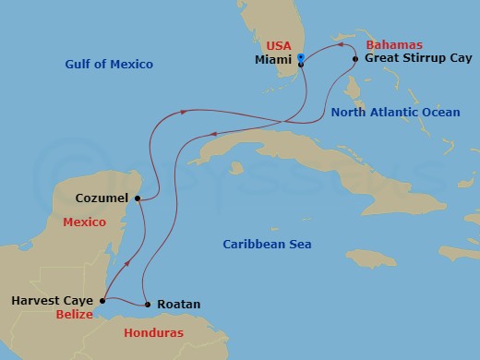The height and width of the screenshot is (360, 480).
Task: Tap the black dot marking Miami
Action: [x=300, y=64]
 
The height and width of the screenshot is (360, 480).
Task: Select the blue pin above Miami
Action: [x=302, y=56]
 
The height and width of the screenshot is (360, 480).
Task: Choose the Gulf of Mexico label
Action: [x=109, y=65]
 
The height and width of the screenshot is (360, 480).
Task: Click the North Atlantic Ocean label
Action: [x=395, y=112]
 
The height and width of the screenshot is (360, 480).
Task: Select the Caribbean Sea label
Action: [x=268, y=245]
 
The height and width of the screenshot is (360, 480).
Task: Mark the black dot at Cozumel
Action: [x=138, y=198]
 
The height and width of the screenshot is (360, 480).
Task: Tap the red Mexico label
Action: [x=84, y=222]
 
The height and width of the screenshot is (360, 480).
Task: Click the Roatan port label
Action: [x=179, y=304]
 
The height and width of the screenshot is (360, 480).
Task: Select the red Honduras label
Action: [x=156, y=332]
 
